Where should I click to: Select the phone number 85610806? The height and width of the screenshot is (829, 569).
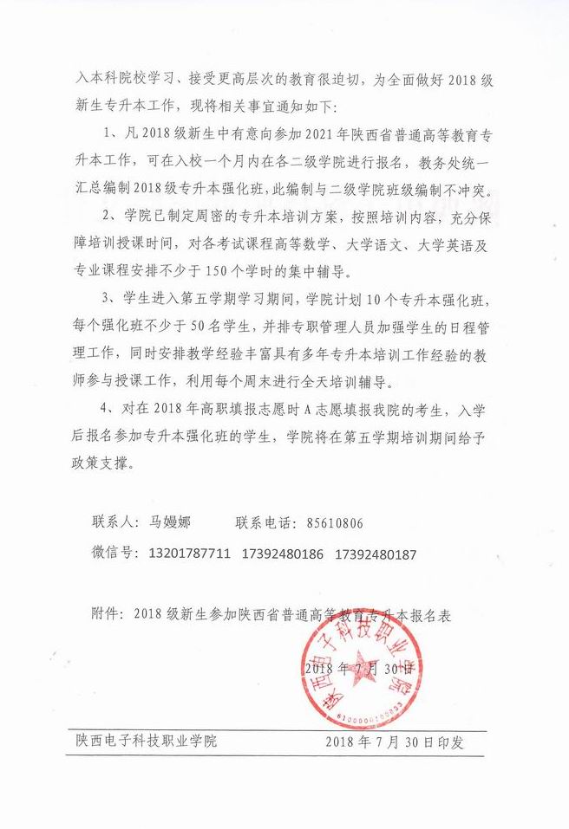pyautogui.click(x=335, y=523)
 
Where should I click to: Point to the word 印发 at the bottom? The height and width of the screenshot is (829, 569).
pyautogui.click(x=451, y=742)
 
